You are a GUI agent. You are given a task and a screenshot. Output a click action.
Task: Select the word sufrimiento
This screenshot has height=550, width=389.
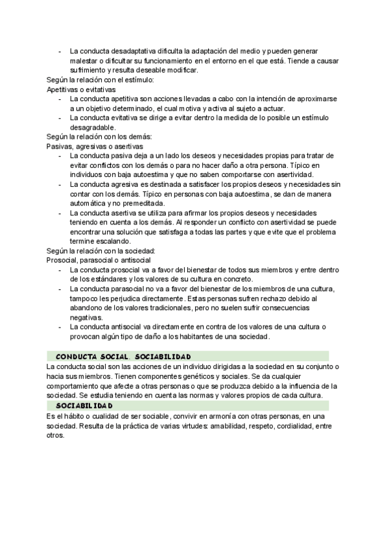(90, 70)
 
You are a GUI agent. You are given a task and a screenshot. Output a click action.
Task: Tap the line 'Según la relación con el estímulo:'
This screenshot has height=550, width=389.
(100, 80)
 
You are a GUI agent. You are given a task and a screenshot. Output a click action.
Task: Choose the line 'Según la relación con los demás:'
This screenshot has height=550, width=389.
(99, 137)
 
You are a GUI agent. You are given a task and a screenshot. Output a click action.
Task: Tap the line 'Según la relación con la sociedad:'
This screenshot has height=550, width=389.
(101, 250)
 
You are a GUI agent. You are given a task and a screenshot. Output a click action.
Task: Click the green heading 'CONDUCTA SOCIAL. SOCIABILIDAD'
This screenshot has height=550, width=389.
(124, 356)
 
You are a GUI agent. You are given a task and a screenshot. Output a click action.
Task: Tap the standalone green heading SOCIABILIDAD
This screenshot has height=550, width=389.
(84, 405)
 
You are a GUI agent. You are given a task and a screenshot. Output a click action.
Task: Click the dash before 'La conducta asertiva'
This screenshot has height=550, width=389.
(60, 213)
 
